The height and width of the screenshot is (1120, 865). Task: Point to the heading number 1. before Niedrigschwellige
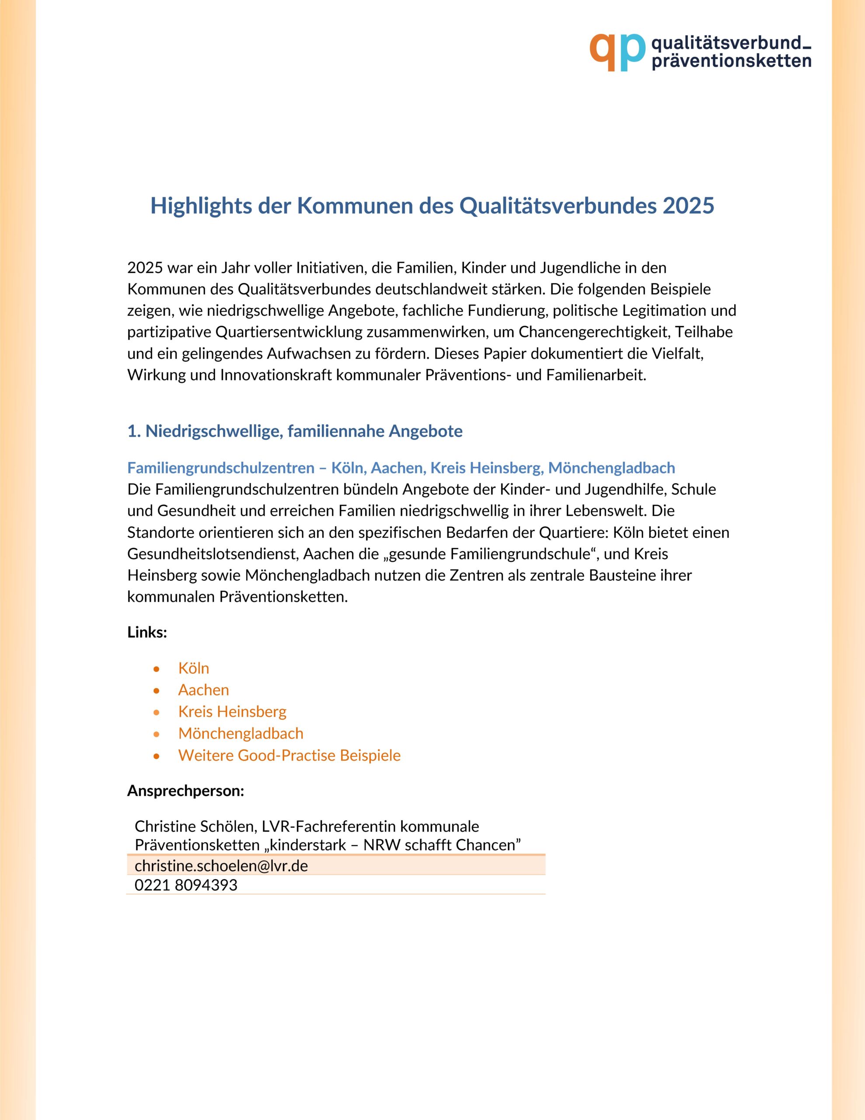[134, 431]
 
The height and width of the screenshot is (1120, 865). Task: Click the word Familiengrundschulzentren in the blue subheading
[220, 468]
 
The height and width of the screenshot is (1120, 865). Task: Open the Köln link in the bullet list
[193, 668]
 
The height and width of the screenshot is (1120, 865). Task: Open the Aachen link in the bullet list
[203, 690]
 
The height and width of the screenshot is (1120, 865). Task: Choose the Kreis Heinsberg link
[232, 711]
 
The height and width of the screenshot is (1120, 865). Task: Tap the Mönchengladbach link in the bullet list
[241, 733]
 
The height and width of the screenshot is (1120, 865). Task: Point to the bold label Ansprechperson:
[185, 790]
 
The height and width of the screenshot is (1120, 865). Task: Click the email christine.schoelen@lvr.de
[221, 866]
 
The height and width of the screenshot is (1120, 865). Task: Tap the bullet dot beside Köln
[157, 668]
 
